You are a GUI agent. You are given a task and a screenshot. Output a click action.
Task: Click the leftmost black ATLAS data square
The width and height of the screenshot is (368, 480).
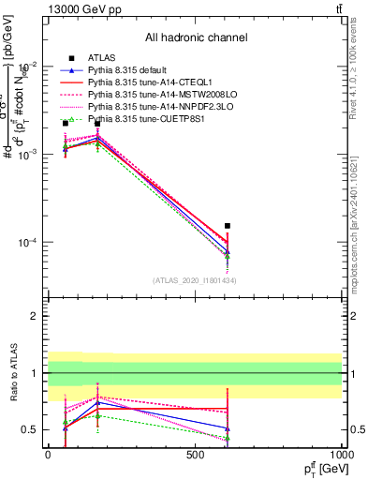[65, 124]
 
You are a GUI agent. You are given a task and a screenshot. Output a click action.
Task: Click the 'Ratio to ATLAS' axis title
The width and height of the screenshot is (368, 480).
[14, 375]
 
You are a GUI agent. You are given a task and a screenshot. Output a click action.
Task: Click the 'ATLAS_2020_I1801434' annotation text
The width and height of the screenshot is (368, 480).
[195, 280]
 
